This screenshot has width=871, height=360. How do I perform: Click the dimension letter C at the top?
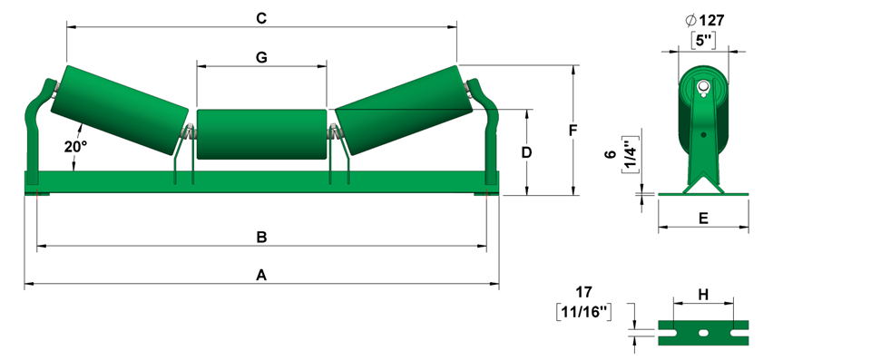[x=261, y=18]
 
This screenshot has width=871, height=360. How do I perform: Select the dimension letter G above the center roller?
[x=261, y=56]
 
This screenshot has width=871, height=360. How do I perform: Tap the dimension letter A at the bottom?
[x=261, y=275]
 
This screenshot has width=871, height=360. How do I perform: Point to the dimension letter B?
[x=261, y=238]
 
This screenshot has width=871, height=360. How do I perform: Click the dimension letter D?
[x=526, y=152]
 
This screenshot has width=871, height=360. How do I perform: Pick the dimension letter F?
[x=573, y=131]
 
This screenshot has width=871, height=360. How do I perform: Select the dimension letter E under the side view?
[x=703, y=219]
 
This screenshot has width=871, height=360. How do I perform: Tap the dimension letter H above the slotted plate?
[x=703, y=295]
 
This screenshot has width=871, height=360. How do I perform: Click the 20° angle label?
[x=75, y=147]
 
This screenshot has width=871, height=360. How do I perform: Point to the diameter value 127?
[x=711, y=21]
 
